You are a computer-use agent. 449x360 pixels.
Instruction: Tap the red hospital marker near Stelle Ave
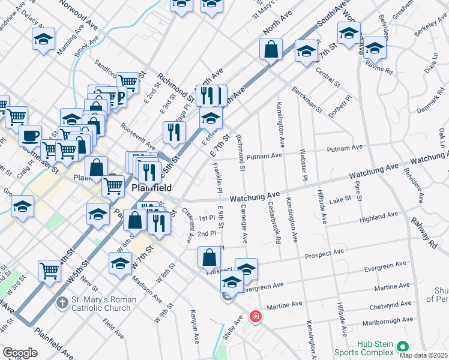pyautogui.click(x=256, y=316)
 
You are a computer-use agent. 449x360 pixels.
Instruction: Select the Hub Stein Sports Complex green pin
pyautogui.click(x=403, y=347)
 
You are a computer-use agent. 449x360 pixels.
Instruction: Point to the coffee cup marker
pyautogui.click(x=30, y=136)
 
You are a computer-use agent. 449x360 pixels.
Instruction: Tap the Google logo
pyautogui.click(x=20, y=353)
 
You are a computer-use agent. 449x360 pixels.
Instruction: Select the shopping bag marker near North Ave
pyautogui.click(x=271, y=49)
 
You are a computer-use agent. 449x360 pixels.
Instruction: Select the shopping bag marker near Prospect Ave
pyautogui.click(x=208, y=258)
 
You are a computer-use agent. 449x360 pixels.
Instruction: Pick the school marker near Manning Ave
pyautogui.click(x=44, y=40)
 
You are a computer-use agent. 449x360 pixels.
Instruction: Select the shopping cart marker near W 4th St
pyautogui.click(x=49, y=271)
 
